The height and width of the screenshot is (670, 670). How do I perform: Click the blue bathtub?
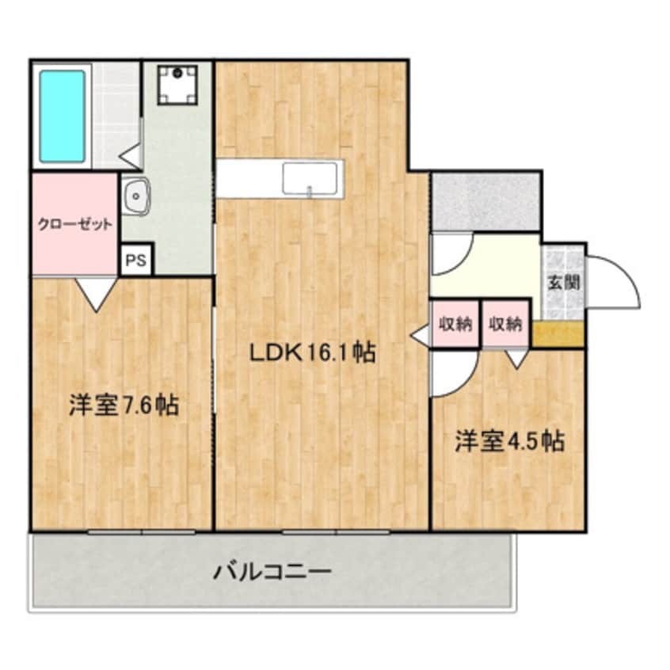[62, 116]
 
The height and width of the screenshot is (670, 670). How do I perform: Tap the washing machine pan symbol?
[177, 85]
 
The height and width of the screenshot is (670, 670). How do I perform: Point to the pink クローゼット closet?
[75, 223]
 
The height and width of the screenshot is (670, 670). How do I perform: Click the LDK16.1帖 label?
[312, 352]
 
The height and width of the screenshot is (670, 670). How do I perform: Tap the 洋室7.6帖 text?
[123, 405]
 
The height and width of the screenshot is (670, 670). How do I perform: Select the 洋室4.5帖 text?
[509, 440]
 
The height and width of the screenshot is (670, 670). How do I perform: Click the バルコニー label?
[272, 570]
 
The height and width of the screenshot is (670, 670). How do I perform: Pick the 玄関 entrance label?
[564, 281]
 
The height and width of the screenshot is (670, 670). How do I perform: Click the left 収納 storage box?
[455, 323]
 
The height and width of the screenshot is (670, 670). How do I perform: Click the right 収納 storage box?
[505, 323]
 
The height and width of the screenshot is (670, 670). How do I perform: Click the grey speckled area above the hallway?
[485, 201]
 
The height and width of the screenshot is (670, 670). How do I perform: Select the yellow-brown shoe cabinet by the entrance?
[558, 333]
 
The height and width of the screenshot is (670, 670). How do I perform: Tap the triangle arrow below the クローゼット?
[97, 294]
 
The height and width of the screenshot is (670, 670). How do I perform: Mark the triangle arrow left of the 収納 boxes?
[420, 335]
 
